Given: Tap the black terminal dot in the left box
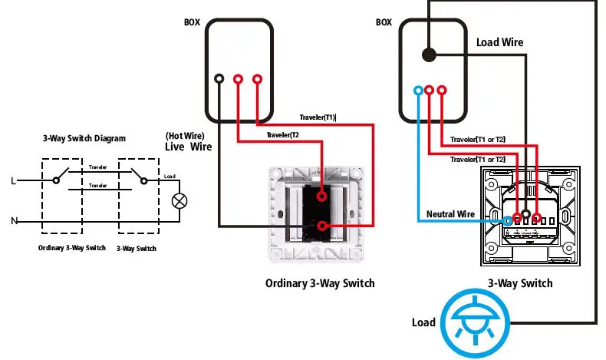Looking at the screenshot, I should [219, 79].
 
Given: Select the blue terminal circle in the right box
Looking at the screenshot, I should [418, 90].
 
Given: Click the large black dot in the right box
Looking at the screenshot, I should [429, 54].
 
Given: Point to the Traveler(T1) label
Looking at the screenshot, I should [318, 117].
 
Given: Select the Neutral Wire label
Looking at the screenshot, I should [450, 213].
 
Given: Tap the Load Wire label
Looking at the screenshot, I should [500, 42].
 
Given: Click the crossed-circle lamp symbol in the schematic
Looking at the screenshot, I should [180, 202].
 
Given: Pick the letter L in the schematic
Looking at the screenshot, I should [13, 181].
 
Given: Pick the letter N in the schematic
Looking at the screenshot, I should [13, 222].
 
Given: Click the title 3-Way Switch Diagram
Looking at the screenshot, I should [84, 139].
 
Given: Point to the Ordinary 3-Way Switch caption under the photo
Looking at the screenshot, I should [320, 283].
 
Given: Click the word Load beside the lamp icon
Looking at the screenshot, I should [424, 322].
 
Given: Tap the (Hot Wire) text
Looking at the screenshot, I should [184, 136].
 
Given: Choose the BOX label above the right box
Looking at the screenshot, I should [384, 23].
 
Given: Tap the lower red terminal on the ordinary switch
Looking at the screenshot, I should [321, 226].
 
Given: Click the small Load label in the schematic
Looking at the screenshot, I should [170, 177].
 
